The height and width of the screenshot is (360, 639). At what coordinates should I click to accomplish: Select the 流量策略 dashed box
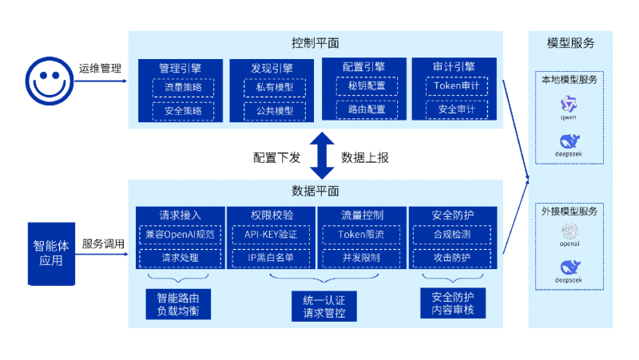click(x=183, y=87)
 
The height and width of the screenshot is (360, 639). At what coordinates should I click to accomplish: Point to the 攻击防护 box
click(x=451, y=259)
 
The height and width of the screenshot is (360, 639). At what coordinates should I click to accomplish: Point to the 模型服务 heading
click(x=570, y=42)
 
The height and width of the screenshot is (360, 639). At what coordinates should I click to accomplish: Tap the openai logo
click(x=570, y=232)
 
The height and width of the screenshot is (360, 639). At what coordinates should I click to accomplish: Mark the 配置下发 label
click(x=276, y=158)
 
